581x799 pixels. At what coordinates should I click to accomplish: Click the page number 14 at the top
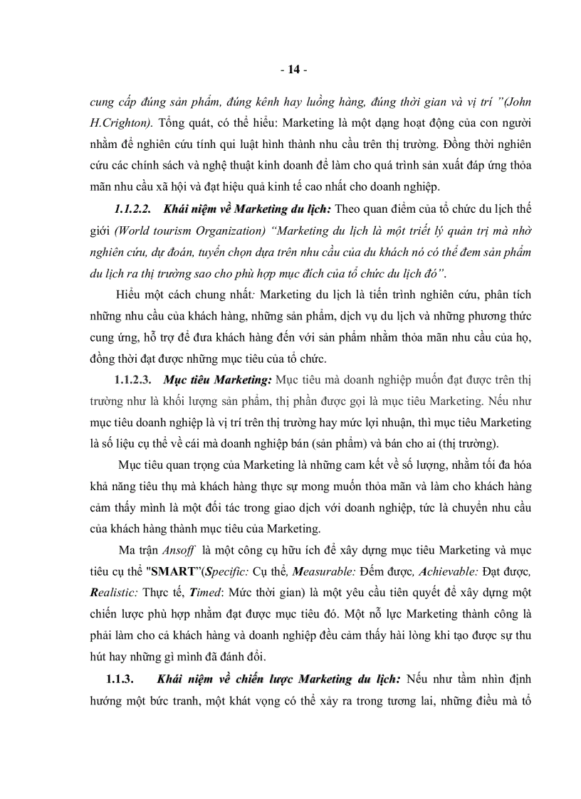pos(290,70)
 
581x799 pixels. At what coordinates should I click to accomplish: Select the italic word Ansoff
pos(177,551)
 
